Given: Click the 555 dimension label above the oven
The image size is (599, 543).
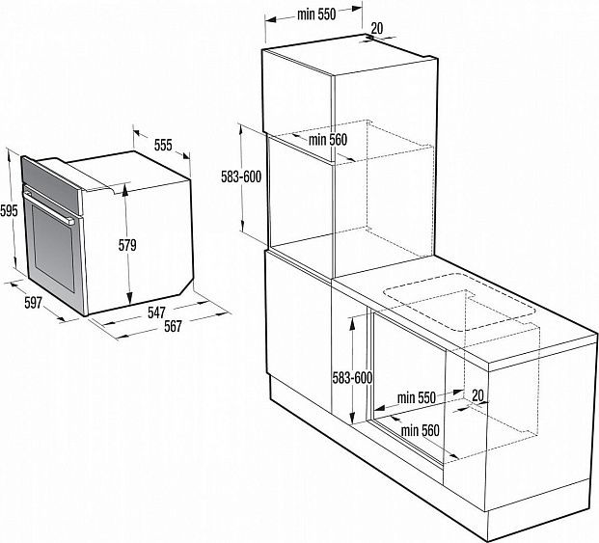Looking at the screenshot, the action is [x=163, y=146].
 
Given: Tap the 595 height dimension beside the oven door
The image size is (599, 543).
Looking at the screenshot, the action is [x=9, y=210].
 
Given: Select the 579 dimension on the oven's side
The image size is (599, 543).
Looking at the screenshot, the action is [x=127, y=245].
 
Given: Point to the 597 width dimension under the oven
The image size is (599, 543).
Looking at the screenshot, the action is [x=33, y=303].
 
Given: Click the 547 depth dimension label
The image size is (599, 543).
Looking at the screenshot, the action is [x=156, y=312].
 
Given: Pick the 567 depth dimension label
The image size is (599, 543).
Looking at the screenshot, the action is [x=173, y=327].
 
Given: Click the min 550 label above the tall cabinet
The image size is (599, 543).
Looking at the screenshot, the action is [x=316, y=14].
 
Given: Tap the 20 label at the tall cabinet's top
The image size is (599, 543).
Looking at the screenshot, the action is [x=377, y=28].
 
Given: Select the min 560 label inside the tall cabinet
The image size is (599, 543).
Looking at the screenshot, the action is [x=328, y=140].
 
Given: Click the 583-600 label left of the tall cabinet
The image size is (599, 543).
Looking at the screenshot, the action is [x=241, y=176].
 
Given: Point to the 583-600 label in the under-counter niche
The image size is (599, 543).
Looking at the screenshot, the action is [x=352, y=378].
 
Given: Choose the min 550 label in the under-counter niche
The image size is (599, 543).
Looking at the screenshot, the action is [x=417, y=397].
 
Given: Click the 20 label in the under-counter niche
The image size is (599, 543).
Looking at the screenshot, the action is [x=477, y=395].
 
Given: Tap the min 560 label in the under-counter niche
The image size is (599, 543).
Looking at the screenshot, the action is [x=421, y=431].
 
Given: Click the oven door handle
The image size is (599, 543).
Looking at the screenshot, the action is [x=49, y=206].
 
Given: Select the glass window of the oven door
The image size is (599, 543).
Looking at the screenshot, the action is [x=53, y=249].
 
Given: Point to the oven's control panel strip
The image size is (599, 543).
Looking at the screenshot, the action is [x=51, y=184].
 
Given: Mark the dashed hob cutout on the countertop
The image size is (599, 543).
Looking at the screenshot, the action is [x=460, y=302].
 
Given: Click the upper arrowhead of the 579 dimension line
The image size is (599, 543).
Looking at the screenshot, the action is [x=125, y=189].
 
